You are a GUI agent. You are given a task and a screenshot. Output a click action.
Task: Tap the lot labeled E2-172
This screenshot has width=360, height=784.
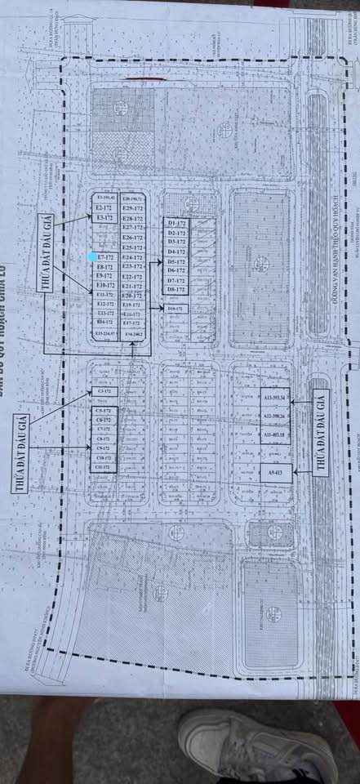[104, 208]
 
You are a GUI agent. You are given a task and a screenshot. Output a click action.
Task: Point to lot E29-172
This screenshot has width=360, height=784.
[132, 209]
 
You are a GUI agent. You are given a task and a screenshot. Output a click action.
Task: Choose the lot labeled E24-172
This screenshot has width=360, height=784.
[132, 257]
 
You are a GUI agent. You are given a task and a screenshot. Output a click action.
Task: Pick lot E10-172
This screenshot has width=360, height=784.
[104, 285]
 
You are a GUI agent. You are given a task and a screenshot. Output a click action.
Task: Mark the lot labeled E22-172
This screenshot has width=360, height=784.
[132, 277]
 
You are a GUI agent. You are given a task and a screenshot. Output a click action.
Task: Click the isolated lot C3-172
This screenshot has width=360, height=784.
[104, 392]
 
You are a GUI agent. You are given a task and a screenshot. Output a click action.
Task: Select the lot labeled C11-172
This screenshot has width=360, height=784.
[104, 468]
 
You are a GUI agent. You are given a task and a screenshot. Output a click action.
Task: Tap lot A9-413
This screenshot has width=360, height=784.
[276, 473]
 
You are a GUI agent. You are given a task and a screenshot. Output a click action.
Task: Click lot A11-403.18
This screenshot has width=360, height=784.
[276, 435]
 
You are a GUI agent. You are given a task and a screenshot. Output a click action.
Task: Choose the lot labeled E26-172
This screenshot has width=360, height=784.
[132, 238]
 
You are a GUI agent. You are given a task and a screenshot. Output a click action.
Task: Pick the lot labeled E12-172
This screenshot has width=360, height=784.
[104, 304]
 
